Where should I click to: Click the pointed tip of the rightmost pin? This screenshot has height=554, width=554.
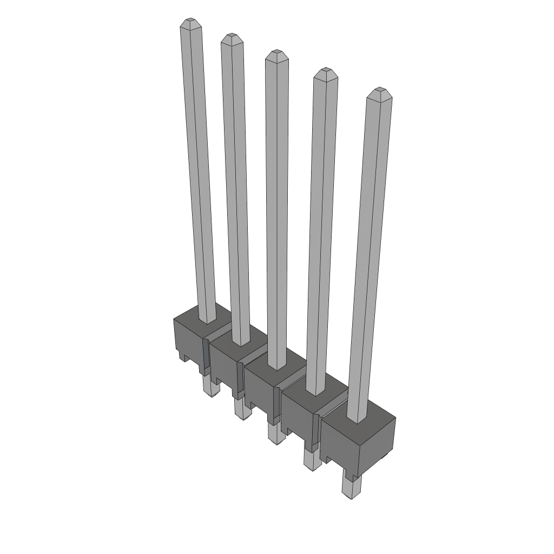[x=379, y=91]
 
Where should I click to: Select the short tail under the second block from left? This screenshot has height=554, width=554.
[x=242, y=409]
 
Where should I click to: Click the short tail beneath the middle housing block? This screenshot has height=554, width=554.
[x=276, y=433]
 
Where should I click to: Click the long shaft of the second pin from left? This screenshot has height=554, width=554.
[x=236, y=189]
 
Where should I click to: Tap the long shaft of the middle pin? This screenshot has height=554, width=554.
[x=276, y=211]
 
